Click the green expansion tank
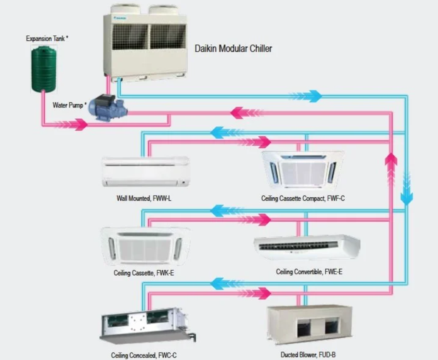point(43,69)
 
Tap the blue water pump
point(109,109)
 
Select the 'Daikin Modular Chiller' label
point(233,48)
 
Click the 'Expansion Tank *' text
point(47,39)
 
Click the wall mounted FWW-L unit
point(146,172)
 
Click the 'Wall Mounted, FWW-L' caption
point(144,198)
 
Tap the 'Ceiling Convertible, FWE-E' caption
point(309,272)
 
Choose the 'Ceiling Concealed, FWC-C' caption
point(144,355)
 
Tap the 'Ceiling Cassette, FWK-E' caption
point(143,273)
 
